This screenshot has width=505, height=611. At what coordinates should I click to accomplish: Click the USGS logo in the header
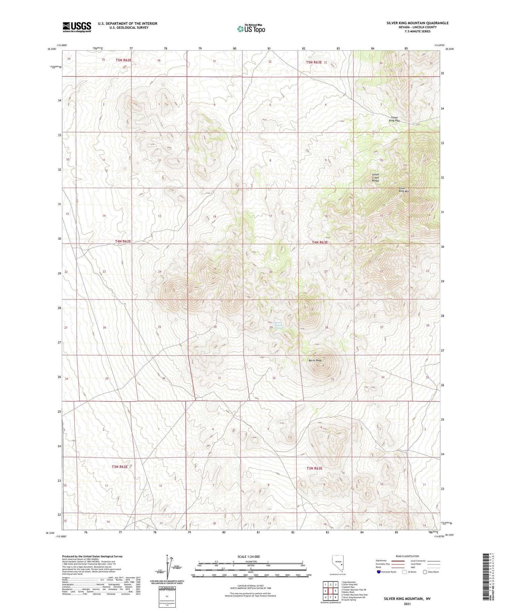coord(77,27)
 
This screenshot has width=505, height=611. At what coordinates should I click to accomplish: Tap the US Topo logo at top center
coord(251,29)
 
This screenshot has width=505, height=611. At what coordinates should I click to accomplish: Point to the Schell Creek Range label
coord(375,178)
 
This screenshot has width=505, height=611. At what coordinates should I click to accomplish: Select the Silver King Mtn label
coord(404,190)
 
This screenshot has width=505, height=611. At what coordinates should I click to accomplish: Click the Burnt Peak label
coord(315,361)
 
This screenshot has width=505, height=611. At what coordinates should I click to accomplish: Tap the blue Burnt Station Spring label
coord(278,325)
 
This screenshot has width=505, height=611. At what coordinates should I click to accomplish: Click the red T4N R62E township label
coord(123,242)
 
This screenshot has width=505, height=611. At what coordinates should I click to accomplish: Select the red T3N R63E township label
coord(314,468)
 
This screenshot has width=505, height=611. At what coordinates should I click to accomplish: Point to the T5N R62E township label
coord(123,60)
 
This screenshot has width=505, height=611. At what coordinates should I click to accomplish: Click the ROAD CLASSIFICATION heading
coord(407,556)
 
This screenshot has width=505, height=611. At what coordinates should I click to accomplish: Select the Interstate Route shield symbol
coord(379,572)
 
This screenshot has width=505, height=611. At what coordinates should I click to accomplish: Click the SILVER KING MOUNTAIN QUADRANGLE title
coord(417,23)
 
